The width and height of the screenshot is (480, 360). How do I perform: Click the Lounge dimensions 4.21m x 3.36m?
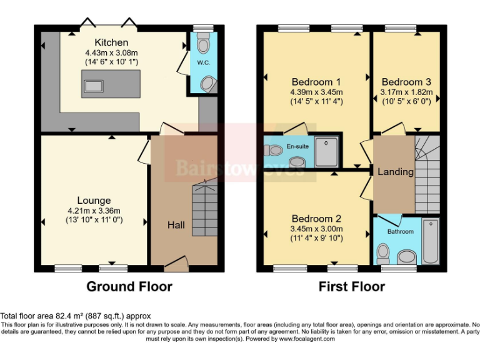pyautogui.click(x=94, y=211)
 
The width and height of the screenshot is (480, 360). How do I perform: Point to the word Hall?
pyautogui.click(x=176, y=225)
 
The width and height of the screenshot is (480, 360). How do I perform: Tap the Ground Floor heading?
pyautogui.click(x=129, y=286)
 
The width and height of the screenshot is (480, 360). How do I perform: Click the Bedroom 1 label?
pyautogui.click(x=316, y=82)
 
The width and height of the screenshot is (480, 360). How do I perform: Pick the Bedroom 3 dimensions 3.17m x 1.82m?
pyautogui.click(x=406, y=92)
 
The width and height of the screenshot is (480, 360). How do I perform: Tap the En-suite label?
pyautogui.click(x=297, y=146)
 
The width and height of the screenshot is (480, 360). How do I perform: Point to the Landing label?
pyautogui.click(x=396, y=172)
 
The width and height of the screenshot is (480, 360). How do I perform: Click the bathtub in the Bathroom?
pyautogui.click(x=431, y=241)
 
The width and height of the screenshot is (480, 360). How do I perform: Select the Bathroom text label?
pyautogui.click(x=399, y=231)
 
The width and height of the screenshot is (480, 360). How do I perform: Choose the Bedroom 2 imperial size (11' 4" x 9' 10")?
pyautogui.click(x=316, y=238)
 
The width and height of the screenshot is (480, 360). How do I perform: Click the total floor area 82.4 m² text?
pyautogui.click(x=75, y=316)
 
